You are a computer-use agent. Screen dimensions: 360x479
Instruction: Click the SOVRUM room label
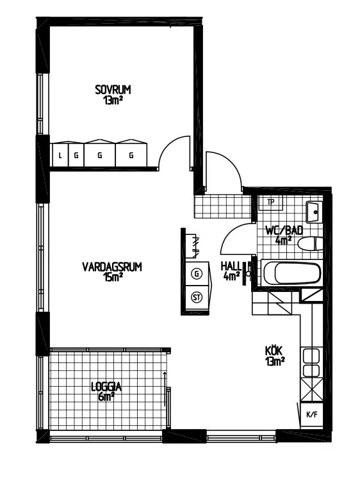click(x=113, y=90)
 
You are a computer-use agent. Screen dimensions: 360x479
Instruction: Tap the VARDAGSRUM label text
click(x=112, y=266)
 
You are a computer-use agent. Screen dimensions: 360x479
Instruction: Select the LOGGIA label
click(x=106, y=387)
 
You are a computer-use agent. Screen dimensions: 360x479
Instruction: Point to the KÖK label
click(x=274, y=351)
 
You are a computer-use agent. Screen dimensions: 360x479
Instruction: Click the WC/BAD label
click(x=284, y=231)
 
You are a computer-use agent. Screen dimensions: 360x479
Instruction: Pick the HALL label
click(x=231, y=266)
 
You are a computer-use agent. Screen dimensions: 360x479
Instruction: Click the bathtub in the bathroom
click(x=292, y=273)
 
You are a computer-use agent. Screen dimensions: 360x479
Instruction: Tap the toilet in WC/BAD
click(x=309, y=244)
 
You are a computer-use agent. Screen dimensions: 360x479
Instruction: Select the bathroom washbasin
click(x=314, y=211)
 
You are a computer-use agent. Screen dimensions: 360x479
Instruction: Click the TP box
click(x=271, y=203)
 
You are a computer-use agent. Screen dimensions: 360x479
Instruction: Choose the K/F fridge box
click(x=312, y=415)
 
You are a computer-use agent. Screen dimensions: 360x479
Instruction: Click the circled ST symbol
click(x=197, y=297)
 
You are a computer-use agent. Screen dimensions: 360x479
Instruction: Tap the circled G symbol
click(x=197, y=273)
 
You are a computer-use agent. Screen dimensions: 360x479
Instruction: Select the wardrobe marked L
click(x=60, y=155)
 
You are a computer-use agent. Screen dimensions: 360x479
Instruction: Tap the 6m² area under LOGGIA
click(x=106, y=396)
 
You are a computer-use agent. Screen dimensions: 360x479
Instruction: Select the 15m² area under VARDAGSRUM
click(x=113, y=277)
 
